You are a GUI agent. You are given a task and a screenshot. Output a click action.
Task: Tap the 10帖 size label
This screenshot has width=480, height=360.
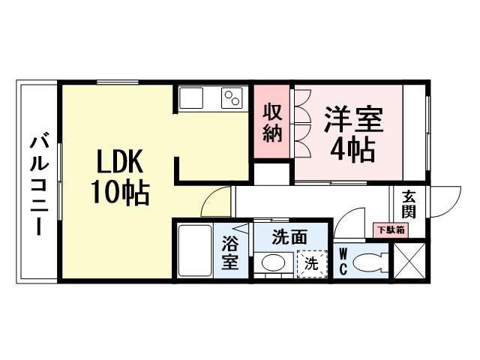pyautogui.click(x=120, y=193)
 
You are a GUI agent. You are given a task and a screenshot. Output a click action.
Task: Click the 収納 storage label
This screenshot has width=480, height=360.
pyautogui.click(x=272, y=123)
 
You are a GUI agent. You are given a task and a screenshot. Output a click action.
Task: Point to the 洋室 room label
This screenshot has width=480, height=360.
pyautogui.click(x=353, y=121)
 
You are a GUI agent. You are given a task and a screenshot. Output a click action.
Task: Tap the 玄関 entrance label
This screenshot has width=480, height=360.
pyautogui.click(x=409, y=202)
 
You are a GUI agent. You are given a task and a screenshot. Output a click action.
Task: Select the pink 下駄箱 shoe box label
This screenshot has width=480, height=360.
pyautogui.click(x=390, y=229)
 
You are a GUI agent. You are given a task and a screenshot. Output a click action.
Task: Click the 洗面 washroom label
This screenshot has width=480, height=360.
pyautogui.click(x=289, y=237)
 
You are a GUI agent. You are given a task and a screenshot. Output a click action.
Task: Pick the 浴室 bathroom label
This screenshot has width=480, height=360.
pyautogui.click(x=229, y=253)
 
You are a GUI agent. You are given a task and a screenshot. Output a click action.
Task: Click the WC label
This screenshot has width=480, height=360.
pyautogui.click(x=343, y=262)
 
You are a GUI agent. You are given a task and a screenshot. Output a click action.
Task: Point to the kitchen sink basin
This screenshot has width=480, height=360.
pyautogui.click(x=190, y=97)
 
